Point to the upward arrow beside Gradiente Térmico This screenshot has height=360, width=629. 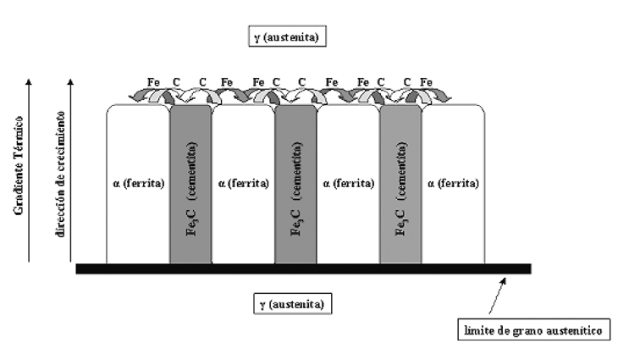[x=30, y=169]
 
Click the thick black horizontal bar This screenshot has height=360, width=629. [x=303, y=269]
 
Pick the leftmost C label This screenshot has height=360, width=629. [x=177, y=82]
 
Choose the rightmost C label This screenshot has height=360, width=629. [x=408, y=82]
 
